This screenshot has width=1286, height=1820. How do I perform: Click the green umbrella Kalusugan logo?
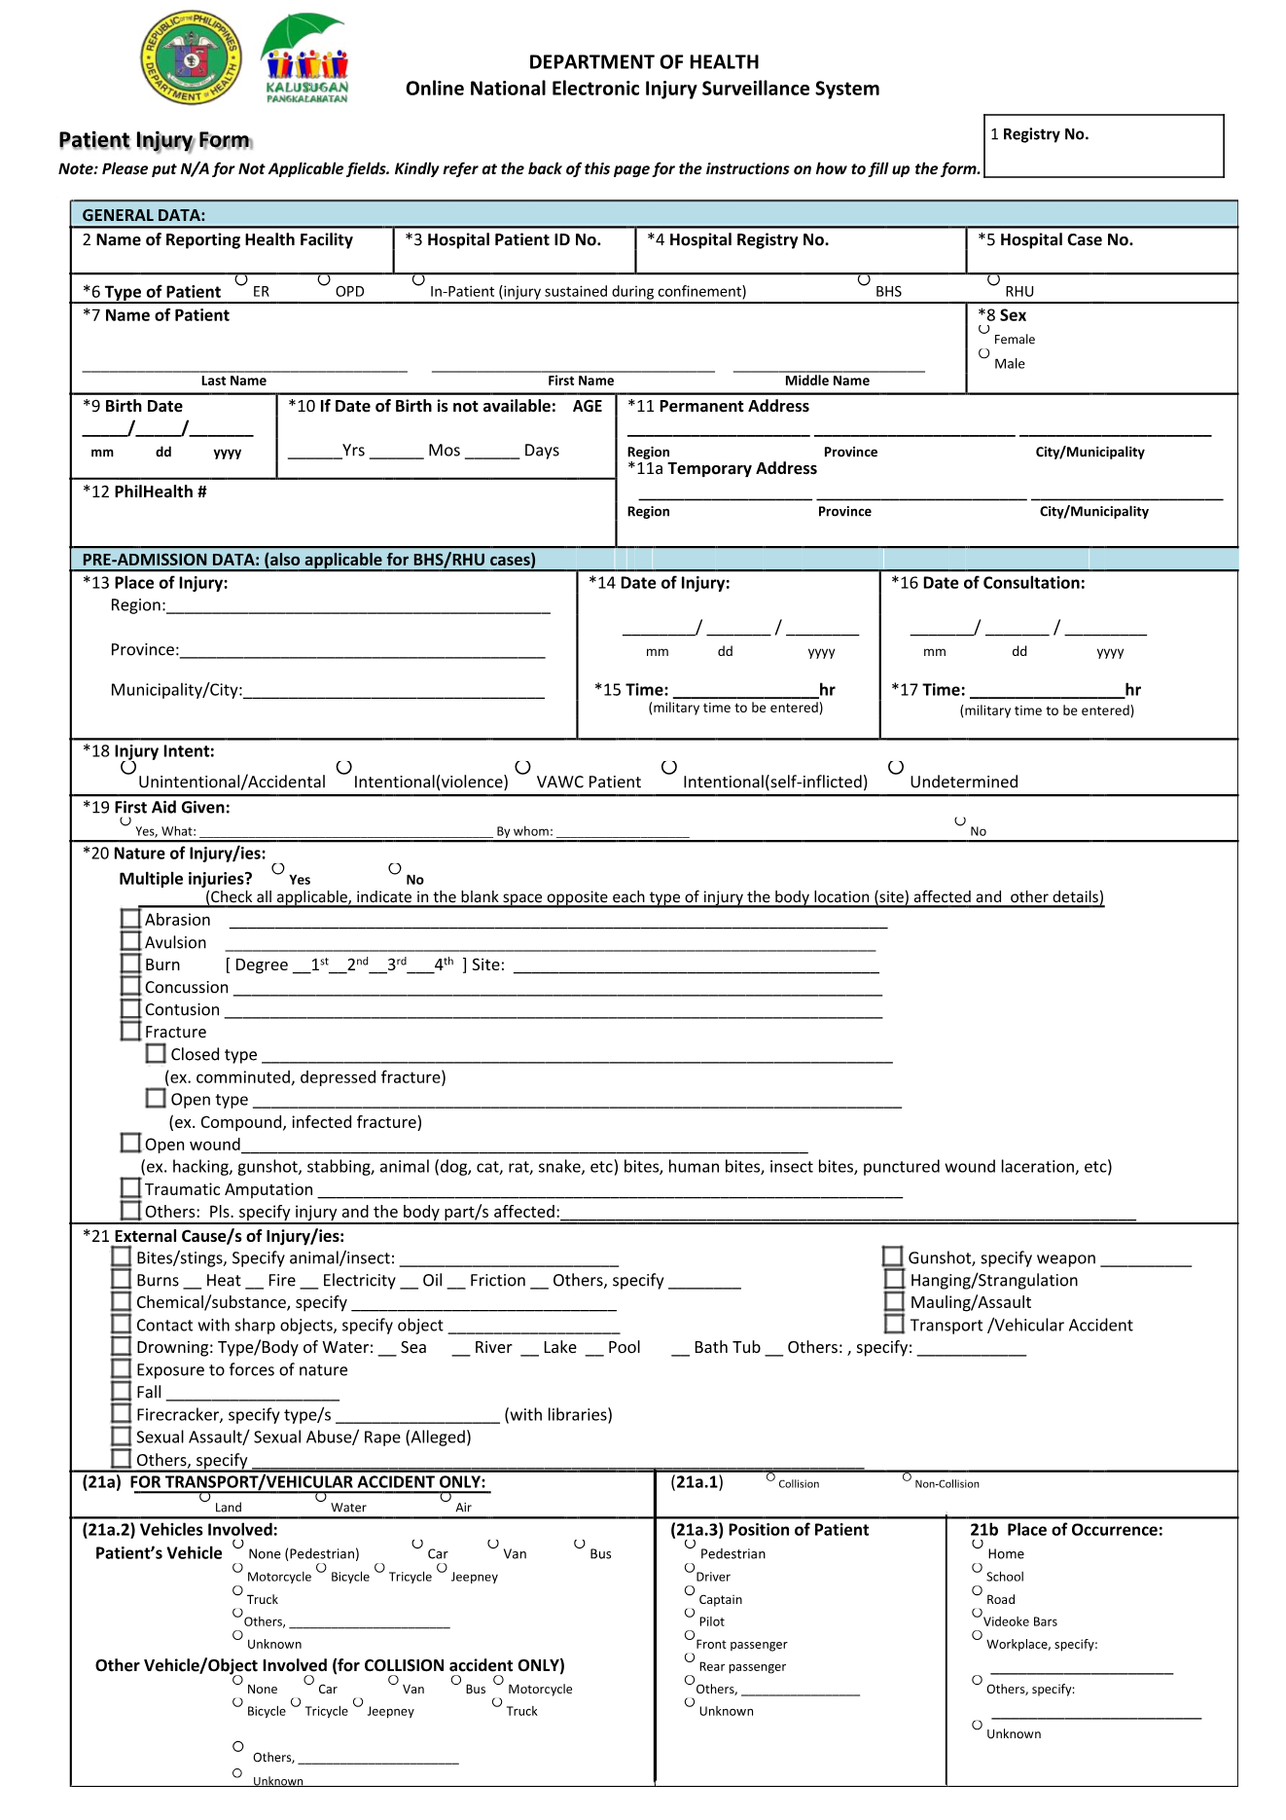point(306,57)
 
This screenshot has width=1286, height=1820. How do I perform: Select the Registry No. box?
point(1103,146)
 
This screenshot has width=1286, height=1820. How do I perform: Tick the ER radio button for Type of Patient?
point(241,280)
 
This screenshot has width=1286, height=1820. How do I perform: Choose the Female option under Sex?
point(983,329)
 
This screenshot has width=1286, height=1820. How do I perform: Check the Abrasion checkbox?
point(130,919)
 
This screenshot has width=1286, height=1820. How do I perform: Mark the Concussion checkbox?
point(130,986)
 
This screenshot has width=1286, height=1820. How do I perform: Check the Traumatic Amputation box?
point(130,1187)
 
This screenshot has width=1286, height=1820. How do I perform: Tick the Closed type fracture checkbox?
point(156,1053)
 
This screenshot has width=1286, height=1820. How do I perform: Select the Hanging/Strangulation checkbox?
point(894,1279)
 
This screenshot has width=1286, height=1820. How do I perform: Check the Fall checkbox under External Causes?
point(121,1391)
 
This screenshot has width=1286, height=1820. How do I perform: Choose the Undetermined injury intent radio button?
point(896,768)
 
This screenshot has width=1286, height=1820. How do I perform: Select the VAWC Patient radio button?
point(522,768)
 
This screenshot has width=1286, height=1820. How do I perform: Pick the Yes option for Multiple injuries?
point(278,868)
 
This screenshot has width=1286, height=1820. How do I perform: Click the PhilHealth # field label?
point(145,492)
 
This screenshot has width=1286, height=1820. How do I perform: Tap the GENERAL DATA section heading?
point(144,215)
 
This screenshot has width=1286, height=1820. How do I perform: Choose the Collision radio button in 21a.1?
point(770,1477)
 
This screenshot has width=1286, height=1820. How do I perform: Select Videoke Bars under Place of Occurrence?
point(977,1613)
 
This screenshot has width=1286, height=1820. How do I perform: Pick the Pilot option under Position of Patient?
point(690,1613)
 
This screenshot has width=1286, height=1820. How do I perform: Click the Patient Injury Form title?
point(155,140)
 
